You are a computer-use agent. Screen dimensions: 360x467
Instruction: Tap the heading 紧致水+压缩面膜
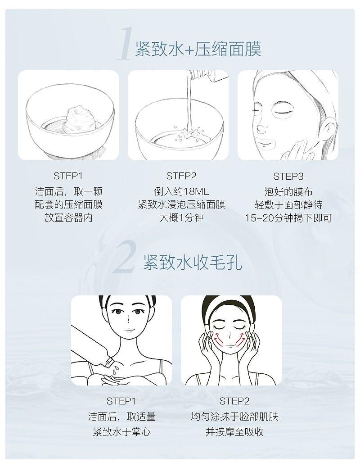pos(198,49)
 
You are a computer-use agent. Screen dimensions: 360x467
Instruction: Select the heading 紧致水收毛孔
pos(193,262)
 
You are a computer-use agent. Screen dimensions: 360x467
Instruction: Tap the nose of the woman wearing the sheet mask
pos(261,127)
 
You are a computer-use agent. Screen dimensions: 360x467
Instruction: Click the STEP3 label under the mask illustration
pos(288,177)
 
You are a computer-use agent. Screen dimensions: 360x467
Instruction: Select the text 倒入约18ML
pos(181,191)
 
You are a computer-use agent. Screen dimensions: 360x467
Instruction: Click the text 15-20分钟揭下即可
pos(288,218)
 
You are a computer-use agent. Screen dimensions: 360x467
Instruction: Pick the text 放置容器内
pos(68,218)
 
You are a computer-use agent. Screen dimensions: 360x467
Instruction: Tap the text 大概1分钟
pos(181,218)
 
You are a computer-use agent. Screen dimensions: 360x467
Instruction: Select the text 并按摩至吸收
pos(235,431)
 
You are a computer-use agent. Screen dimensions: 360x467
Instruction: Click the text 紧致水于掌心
pos(121,431)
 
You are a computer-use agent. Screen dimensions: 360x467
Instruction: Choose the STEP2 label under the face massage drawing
pos(234,401)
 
